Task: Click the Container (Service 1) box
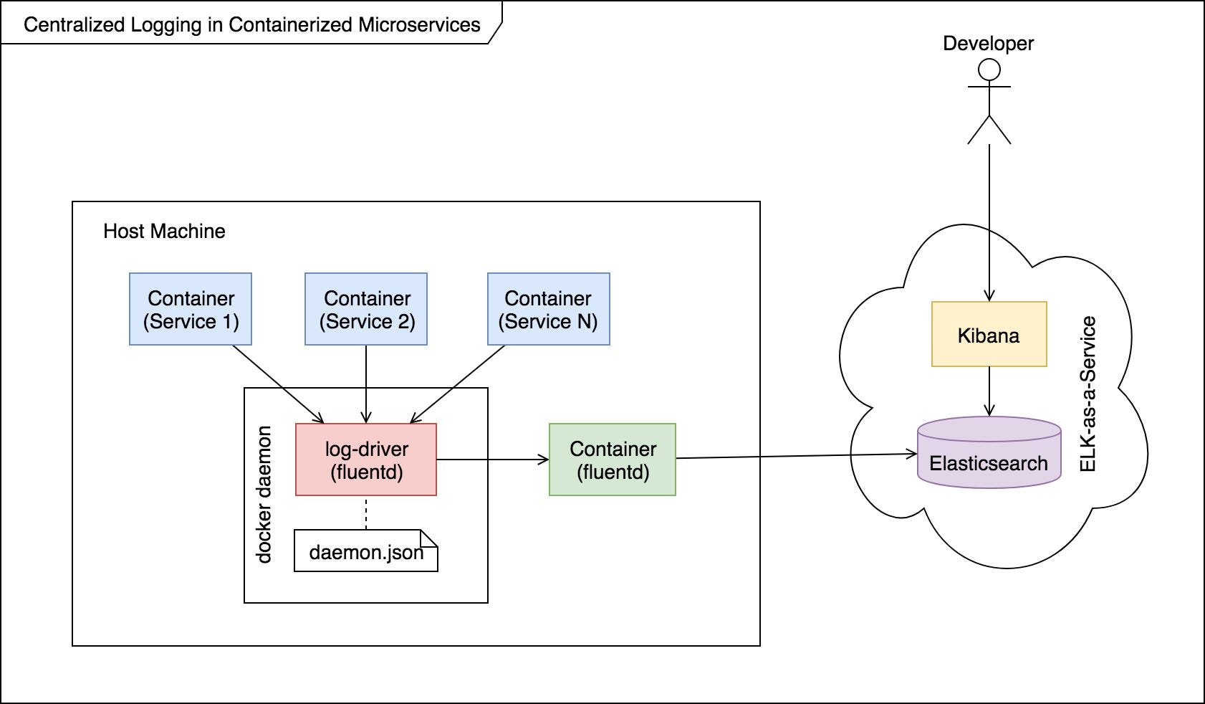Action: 191,309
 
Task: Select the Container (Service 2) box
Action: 366,309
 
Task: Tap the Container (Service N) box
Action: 549,309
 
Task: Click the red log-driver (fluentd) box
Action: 366,460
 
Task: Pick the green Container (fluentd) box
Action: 613,460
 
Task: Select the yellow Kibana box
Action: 989,335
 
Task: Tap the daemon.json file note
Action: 365,551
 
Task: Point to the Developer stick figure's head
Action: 989,70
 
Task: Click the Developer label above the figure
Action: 988,43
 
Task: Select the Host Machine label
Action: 164,231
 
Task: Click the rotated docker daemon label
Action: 264,495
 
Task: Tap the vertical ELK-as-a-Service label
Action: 1088,394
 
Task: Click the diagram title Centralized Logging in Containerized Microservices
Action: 251,24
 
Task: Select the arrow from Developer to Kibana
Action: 989,222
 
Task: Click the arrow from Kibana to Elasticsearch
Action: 989,391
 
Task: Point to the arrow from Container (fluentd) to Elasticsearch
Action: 795,456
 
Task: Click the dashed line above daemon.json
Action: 366,513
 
